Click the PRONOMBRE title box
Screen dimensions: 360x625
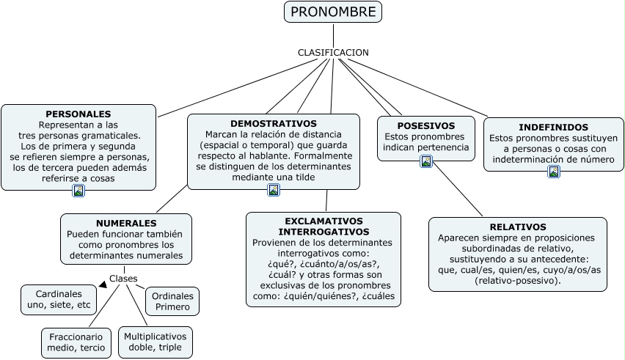333,12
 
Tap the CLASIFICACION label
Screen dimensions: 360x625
333,53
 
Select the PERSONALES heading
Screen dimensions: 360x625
78,114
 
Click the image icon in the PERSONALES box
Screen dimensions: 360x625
78,191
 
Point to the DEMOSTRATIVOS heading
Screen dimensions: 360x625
274,124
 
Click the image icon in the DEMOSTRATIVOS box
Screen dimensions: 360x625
274,191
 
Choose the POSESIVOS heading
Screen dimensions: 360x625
425,126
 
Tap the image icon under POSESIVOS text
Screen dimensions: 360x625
426,161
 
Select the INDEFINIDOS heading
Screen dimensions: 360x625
553,128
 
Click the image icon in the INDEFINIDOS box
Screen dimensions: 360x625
554,172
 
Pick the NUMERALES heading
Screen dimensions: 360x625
126,223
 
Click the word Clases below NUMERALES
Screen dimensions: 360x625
123,279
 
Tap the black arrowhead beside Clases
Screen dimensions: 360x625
103,284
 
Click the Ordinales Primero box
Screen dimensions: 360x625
172,301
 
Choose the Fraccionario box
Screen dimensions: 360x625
76,342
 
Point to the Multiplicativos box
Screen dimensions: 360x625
156,342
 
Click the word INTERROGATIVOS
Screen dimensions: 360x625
324,232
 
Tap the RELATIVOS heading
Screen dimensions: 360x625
518,227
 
